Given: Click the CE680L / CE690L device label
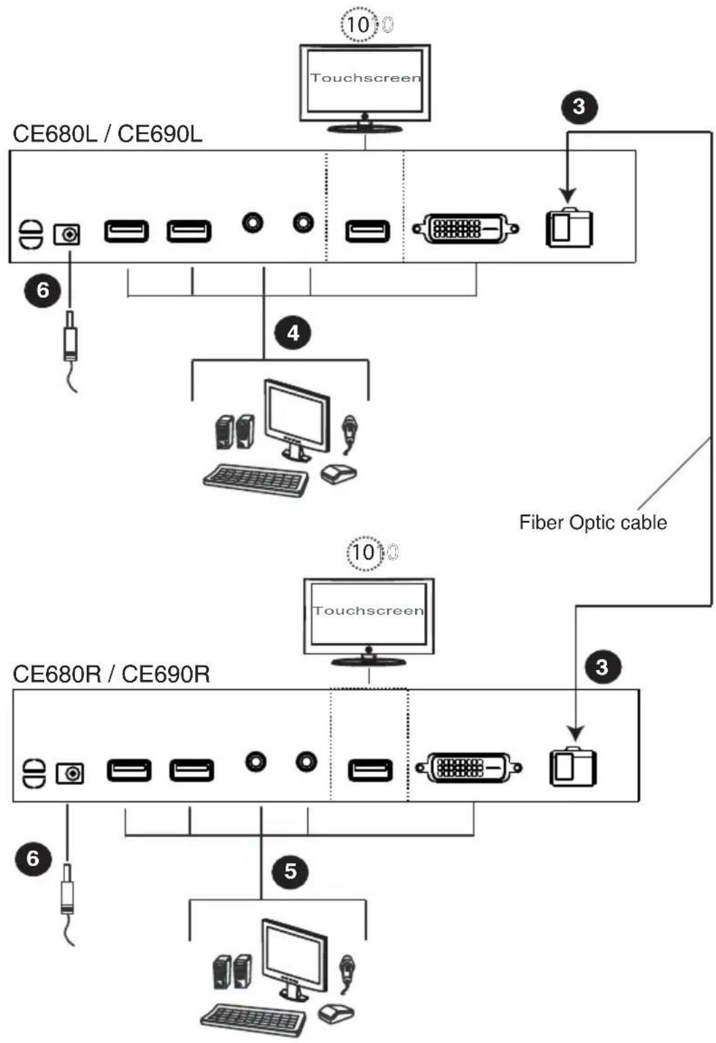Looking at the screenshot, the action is point(108,135).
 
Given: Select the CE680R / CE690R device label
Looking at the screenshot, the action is point(111,674).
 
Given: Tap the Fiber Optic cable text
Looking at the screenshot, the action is point(593,522).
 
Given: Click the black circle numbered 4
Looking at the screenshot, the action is point(293,333).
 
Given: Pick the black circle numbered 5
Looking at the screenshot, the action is point(290,871).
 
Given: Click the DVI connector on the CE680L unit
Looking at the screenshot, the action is point(466,229).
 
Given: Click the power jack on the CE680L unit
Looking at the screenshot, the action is point(67,234).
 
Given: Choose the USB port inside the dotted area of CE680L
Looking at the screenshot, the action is point(367,232).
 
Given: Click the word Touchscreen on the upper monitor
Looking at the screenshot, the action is point(366,78).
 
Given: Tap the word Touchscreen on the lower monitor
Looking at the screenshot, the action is point(368,610).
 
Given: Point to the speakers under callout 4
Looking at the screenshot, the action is point(235,431).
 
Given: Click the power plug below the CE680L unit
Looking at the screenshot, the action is point(69,336).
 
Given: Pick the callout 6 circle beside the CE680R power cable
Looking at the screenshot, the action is point(33,858).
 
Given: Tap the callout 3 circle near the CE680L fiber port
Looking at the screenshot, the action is point(578,106).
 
